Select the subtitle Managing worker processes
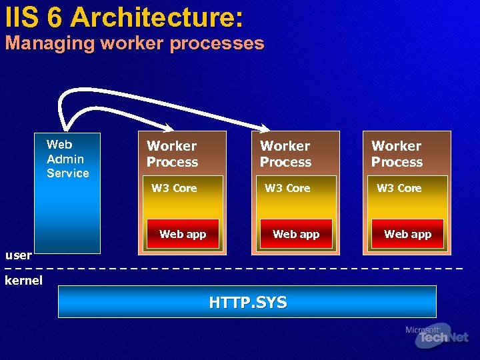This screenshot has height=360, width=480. coord(135,44)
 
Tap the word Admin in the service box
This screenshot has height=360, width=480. coord(65,159)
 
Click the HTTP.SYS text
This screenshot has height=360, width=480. coord(247,303)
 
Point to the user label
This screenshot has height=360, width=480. coord(18,255)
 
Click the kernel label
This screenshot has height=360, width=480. coord(23,280)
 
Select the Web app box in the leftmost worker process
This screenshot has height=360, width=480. coord(183,234)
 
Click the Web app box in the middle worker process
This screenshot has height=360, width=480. coord(296,234)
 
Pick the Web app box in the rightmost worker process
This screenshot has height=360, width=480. coord(407,234)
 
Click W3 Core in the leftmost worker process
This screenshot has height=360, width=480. coord(174,188)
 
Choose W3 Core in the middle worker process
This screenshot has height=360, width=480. coord(287,188)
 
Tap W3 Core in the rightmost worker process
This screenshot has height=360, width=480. coord(399,188)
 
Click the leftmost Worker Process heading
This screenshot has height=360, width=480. coord(172,154)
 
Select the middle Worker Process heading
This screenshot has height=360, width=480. coord(285,154)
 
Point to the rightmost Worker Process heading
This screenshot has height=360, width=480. coord(397,154)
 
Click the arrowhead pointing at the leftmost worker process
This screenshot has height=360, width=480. coord(169,127)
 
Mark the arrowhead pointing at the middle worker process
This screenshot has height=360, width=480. coord(265,127)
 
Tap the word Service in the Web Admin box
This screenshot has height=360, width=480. coord(67,173)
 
